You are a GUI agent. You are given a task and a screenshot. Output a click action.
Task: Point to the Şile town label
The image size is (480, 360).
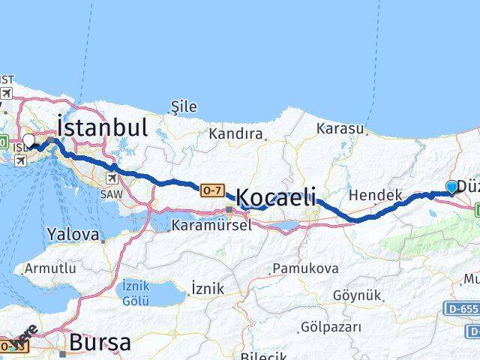184,107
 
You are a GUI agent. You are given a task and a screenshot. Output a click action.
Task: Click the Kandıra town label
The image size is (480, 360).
237,135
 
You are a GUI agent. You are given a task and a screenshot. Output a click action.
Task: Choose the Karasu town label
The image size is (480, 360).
340,129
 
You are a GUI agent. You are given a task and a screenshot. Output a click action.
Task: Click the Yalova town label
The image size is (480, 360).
73,235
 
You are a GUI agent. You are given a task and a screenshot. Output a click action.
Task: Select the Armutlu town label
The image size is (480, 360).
50,268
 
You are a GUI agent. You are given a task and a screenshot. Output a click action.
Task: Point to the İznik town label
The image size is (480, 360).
207,287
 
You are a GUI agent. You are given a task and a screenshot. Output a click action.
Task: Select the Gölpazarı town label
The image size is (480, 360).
330,327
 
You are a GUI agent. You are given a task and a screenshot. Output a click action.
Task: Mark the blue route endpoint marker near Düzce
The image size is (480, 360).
451,187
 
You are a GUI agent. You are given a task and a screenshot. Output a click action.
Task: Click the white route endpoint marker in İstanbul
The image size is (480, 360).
28,140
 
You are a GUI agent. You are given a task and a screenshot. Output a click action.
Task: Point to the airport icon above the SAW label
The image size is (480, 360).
112,178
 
